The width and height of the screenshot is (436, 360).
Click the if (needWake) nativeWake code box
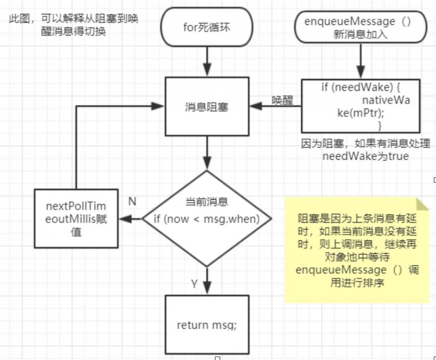point(361,106)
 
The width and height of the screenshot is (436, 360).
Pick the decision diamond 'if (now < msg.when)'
point(207,218)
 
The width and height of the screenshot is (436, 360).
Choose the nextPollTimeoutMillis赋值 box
point(76,219)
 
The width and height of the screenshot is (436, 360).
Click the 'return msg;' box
point(207,325)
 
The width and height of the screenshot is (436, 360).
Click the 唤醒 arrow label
point(282,100)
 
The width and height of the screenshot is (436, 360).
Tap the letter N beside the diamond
point(132,201)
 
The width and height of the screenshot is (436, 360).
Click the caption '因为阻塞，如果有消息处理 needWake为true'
point(365,150)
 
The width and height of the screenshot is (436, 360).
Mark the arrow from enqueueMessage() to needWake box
point(361,61)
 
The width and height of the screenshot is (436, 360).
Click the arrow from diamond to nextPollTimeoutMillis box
point(130,219)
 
